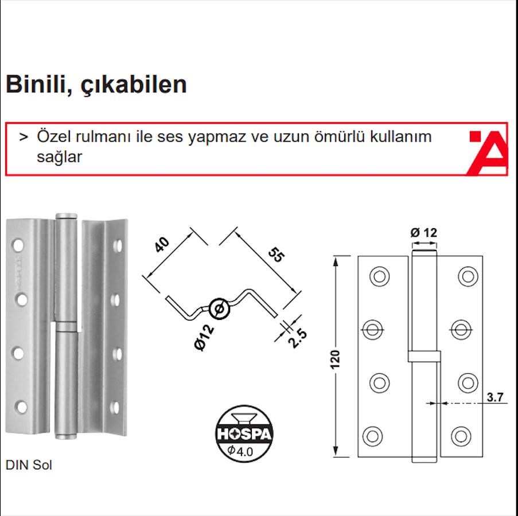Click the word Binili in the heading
pyautogui.click(x=39, y=84)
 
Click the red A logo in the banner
pyautogui.click(x=488, y=153)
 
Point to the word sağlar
pyautogui.click(x=60, y=157)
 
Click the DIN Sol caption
pyautogui.click(x=29, y=465)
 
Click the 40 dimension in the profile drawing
pyautogui.click(x=162, y=244)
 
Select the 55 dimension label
pyautogui.click(x=276, y=255)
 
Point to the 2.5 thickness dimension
pyautogui.click(x=298, y=338)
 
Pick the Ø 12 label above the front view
pyautogui.click(x=423, y=233)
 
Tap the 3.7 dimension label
pyautogui.click(x=495, y=397)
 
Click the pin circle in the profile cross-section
pyautogui.click(x=219, y=309)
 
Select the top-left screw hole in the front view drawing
pyautogui.click(x=379, y=276)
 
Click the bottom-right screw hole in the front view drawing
pyautogui.click(x=461, y=436)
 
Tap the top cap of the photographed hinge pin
pyautogui.click(x=67, y=216)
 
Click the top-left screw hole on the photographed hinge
pyautogui.click(x=18, y=245)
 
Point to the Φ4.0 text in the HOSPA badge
pyautogui.click(x=240, y=451)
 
